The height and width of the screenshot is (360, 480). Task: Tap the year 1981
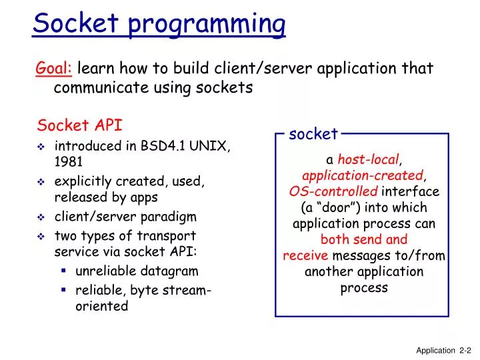tap(69, 161)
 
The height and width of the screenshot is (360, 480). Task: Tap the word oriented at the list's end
tap(101, 306)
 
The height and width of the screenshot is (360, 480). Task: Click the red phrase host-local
tap(369, 159)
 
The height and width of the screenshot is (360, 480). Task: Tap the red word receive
tap(305, 256)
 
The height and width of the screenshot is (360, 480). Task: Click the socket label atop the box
tap(313, 134)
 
